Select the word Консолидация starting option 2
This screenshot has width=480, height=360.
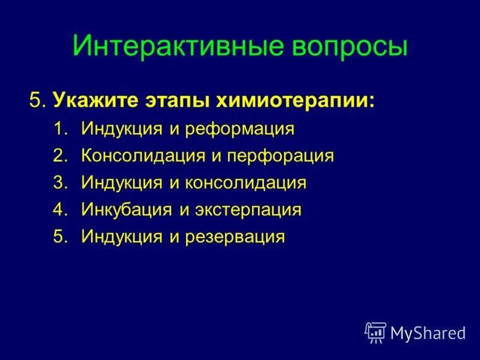(143, 156)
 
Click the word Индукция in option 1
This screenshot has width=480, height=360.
(122, 129)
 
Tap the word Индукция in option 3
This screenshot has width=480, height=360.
(122, 183)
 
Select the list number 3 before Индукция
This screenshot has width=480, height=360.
(60, 183)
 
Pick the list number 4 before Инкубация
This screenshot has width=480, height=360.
(60, 210)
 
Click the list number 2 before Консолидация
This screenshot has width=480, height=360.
(60, 156)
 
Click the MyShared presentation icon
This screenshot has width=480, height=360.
(376, 332)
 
